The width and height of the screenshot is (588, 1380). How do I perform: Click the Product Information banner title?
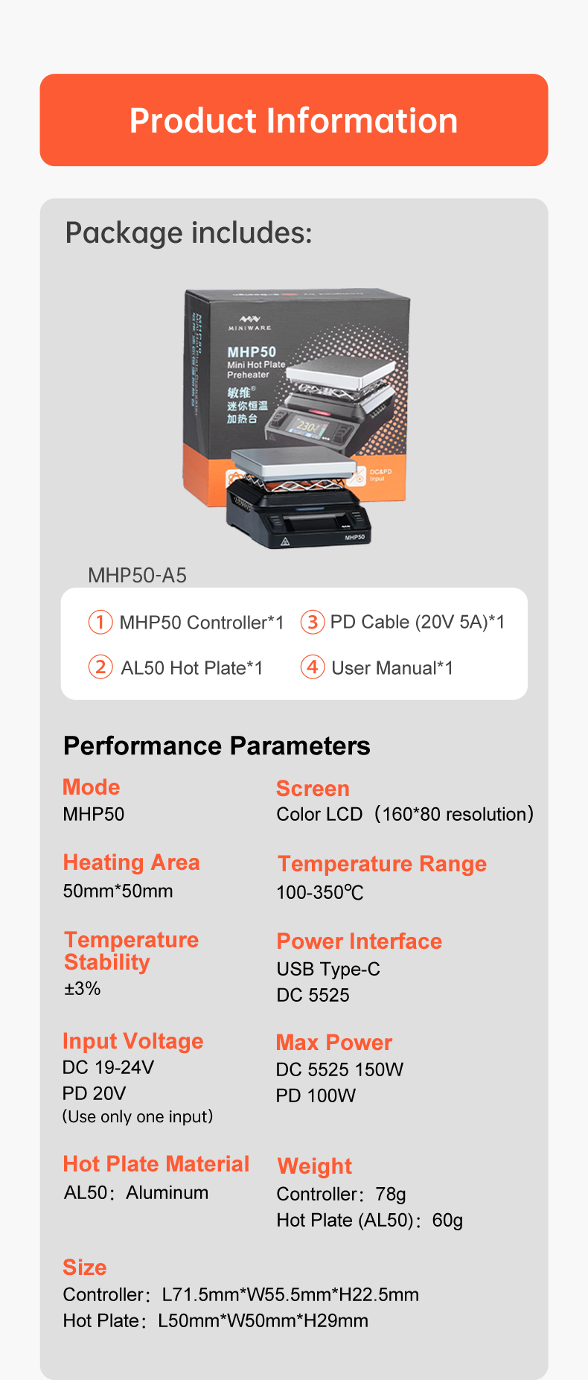(x=293, y=121)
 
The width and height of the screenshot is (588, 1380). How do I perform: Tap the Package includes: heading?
(x=188, y=233)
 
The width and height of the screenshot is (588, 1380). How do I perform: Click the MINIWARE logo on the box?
(x=249, y=323)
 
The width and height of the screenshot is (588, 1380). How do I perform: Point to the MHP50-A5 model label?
(x=137, y=575)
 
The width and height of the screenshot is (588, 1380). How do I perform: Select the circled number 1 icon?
(x=100, y=622)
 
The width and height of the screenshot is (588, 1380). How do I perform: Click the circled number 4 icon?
(x=313, y=667)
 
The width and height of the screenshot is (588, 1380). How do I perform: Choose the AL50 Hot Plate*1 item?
(x=191, y=668)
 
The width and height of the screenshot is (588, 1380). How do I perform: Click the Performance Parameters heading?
(x=217, y=745)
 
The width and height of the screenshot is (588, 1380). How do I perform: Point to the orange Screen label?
(x=313, y=788)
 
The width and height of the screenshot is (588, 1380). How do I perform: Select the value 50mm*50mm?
(x=118, y=891)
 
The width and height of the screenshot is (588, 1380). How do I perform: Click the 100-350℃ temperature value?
(x=320, y=892)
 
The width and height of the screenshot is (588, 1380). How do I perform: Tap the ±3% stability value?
(x=82, y=988)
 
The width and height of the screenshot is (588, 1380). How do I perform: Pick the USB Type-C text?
(x=328, y=969)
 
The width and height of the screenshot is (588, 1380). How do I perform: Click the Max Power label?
(x=334, y=1043)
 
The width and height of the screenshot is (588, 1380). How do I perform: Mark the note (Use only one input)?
(x=138, y=1116)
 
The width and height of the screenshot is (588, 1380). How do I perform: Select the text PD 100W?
(x=316, y=1096)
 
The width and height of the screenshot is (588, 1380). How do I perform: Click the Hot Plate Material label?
(x=156, y=1164)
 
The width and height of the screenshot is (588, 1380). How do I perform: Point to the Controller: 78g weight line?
(x=341, y=1195)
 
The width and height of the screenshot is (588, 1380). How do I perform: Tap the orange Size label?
(x=85, y=1268)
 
